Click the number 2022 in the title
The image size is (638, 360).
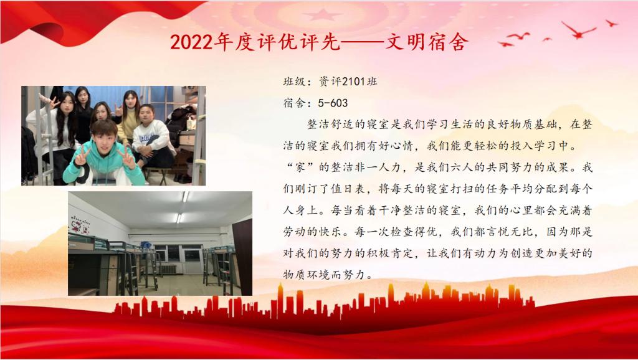[x=192, y=42]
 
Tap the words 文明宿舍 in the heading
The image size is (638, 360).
[x=426, y=42]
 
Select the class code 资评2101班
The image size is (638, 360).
[x=348, y=82]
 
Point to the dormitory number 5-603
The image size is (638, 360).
[x=333, y=103]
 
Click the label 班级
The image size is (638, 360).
[x=294, y=82]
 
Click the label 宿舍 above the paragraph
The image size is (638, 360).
[x=294, y=103]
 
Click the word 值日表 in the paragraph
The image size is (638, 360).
[x=347, y=189]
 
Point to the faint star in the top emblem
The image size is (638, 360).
[x=322, y=15]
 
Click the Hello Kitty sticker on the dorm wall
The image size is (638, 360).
[x=81, y=225]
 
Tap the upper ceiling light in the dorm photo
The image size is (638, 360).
[x=186, y=197]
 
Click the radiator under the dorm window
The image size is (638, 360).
[x=168, y=269]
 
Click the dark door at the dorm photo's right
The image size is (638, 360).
[x=242, y=256]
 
